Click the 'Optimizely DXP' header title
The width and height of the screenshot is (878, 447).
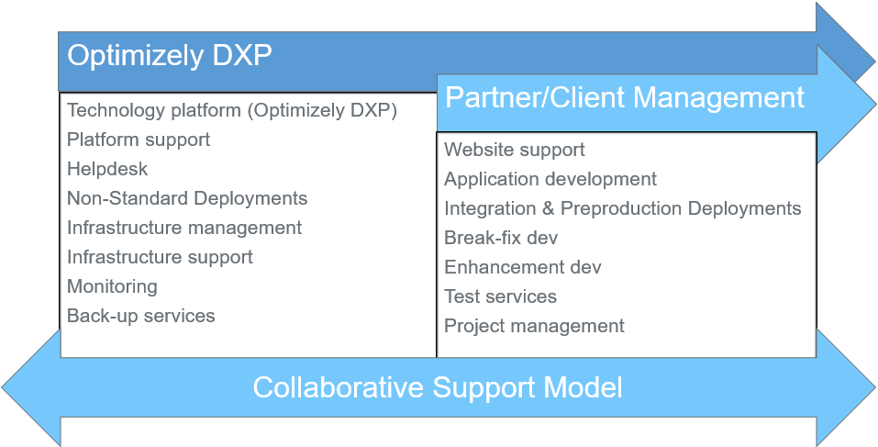pyautogui.click(x=170, y=56)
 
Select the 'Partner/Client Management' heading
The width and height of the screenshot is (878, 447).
pyautogui.click(x=625, y=97)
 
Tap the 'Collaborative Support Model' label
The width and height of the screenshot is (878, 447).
pyautogui.click(x=438, y=387)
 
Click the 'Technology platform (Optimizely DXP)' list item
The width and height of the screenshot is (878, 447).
pyautogui.click(x=232, y=111)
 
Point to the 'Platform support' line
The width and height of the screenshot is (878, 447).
pyautogui.click(x=139, y=140)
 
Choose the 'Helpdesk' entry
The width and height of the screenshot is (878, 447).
pyautogui.click(x=107, y=169)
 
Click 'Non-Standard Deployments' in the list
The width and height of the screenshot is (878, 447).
pyautogui.click(x=187, y=198)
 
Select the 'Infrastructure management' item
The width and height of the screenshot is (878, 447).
pyautogui.click(x=184, y=228)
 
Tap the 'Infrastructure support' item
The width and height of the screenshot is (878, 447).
pyautogui.click(x=160, y=257)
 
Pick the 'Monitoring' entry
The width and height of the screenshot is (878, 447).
pyautogui.click(x=112, y=286)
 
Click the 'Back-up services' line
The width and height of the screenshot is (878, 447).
pyautogui.click(x=140, y=316)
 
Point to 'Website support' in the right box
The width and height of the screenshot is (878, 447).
pyautogui.click(x=514, y=150)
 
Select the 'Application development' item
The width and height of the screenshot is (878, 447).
pyautogui.click(x=550, y=179)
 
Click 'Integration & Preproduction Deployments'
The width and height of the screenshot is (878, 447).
pyautogui.click(x=623, y=208)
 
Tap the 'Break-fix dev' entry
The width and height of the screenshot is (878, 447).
pyautogui.click(x=501, y=238)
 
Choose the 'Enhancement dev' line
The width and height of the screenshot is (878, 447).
pyautogui.click(x=522, y=266)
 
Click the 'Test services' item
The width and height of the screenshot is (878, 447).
pyautogui.click(x=501, y=296)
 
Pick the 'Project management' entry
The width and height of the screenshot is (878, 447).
pyautogui.click(x=534, y=326)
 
